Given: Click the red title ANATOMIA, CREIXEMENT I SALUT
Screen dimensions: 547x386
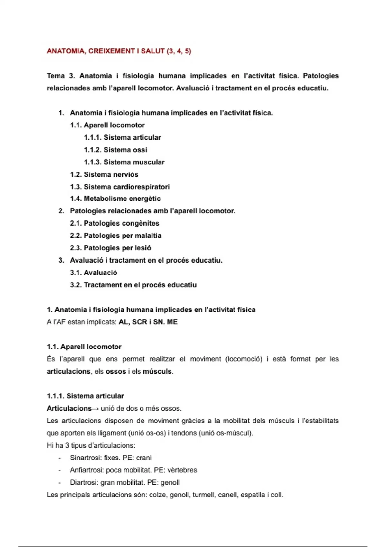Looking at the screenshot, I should (119, 51).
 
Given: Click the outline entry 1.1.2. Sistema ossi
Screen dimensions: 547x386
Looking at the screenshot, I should (115, 150).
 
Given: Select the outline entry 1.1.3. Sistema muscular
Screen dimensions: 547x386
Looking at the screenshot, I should (124, 162).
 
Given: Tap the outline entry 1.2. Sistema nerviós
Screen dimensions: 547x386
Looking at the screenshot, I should (104, 174).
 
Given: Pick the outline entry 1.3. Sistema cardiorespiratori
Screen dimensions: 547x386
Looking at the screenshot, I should (120, 187).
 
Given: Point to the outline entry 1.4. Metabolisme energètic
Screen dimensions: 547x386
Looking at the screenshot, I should (115, 199).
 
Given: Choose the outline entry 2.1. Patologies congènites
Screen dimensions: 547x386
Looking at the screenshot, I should (115, 223).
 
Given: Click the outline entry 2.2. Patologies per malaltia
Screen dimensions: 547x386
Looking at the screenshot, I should (115, 236).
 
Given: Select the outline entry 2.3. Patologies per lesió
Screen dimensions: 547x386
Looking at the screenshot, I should (110, 248).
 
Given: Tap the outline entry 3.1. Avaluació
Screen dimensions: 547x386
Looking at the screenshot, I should (93, 273).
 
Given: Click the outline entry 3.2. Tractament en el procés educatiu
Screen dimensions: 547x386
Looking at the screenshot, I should (133, 285).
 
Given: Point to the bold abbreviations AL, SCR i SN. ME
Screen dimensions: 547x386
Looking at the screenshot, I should (148, 322).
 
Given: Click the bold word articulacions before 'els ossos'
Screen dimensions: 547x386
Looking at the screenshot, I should (69, 371).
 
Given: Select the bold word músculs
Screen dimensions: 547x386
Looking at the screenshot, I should (157, 371).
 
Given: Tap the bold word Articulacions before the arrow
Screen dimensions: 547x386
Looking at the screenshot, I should (69, 408).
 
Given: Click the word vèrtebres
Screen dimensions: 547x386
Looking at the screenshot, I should (182, 470).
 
